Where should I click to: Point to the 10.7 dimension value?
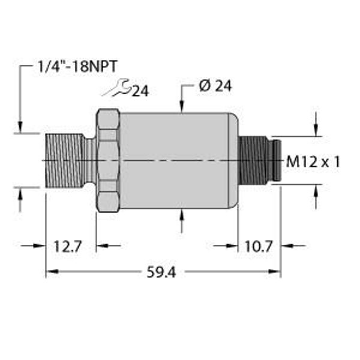tap(259, 245)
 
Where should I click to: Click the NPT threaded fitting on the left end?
tap(65, 161)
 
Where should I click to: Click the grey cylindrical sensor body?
tap(177, 160)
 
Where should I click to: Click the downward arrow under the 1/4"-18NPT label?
tap(21, 126)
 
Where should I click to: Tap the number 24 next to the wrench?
tap(140, 91)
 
